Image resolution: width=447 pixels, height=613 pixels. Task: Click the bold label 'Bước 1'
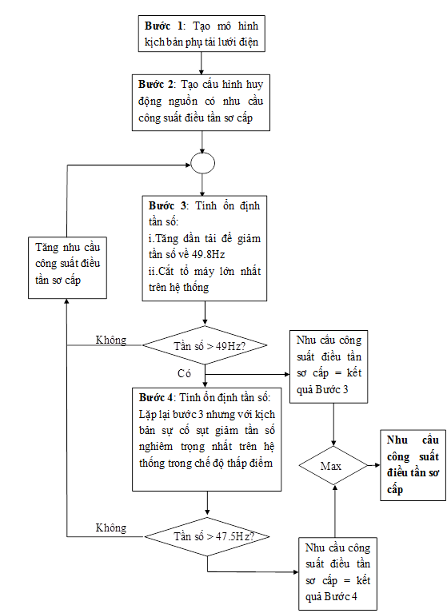[163, 26]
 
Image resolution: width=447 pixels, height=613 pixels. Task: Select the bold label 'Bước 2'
[157, 85]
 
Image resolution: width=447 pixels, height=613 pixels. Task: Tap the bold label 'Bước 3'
[167, 206]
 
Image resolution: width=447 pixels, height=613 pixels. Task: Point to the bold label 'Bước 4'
[156, 397]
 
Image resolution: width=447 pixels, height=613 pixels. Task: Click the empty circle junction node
[202, 163]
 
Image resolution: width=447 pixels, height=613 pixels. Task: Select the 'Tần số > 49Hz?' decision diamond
[205, 345]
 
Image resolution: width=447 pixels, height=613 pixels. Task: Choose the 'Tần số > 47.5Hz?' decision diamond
[207, 536]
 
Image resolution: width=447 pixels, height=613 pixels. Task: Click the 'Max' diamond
[333, 466]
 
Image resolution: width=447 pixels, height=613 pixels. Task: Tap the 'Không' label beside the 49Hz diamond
[111, 340]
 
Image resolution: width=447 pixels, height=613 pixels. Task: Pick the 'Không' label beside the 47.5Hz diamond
[111, 527]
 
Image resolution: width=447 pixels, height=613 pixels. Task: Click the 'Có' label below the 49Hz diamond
[184, 373]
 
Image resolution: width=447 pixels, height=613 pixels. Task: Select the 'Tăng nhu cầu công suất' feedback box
[67, 268]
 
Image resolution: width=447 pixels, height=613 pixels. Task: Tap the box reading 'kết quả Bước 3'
[329, 367]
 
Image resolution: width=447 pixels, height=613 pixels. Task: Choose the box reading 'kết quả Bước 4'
[338, 574]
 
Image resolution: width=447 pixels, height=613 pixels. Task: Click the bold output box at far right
[413, 465]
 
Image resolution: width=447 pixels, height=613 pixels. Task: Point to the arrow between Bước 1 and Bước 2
[202, 63]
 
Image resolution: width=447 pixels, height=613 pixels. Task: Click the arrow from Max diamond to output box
[374, 465]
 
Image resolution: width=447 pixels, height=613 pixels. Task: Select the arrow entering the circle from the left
[129, 165]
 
